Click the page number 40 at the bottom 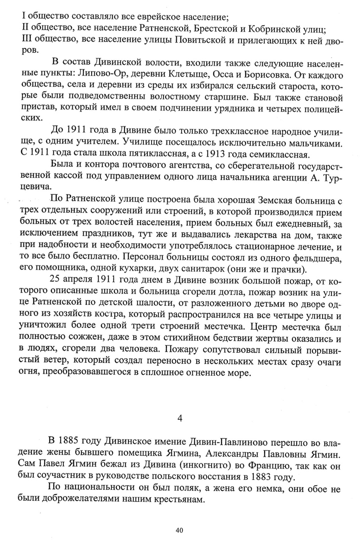[x=179, y=530]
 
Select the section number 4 [x=180, y=418]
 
